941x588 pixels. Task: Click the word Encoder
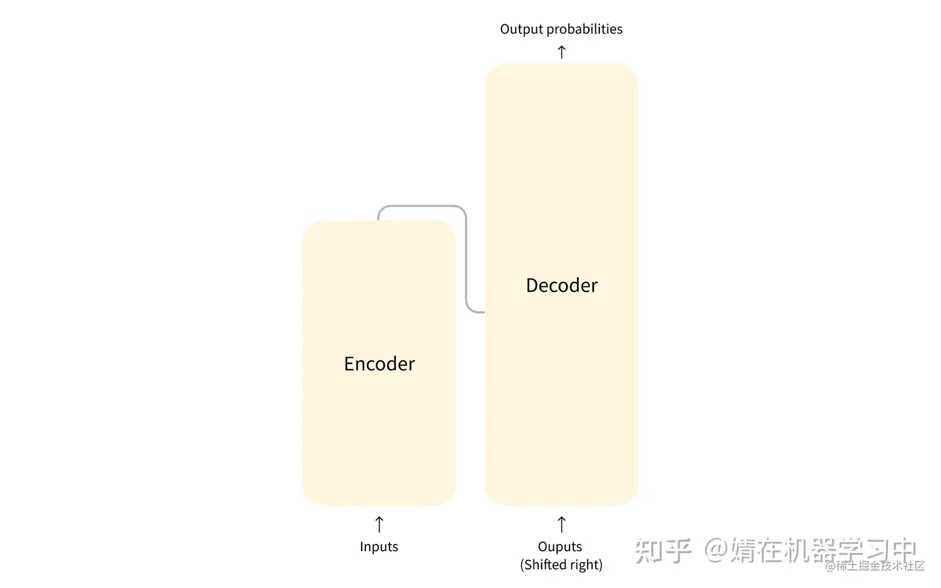point(379,363)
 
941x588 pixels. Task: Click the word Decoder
point(561,285)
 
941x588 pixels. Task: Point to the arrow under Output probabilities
point(561,52)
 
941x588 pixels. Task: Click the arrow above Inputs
point(379,524)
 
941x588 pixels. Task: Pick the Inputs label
point(378,546)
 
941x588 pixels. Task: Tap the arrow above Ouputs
point(561,524)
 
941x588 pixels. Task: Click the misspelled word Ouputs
point(559,546)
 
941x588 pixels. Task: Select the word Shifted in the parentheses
point(545,564)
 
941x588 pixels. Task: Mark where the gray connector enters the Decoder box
point(484,312)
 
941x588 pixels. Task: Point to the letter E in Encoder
point(349,363)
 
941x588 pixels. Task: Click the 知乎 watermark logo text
point(662,550)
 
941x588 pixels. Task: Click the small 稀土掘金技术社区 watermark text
point(880,566)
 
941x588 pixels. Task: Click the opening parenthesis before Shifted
point(523,565)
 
